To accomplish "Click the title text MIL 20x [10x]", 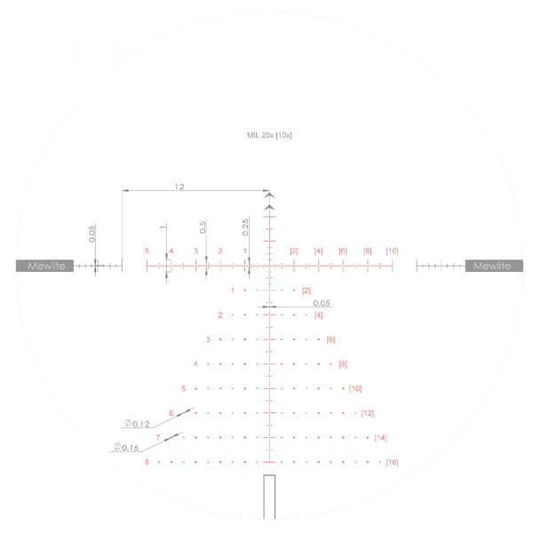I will coord(269,135).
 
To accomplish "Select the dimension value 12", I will coord(179,187).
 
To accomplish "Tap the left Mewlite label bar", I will coord(44,266).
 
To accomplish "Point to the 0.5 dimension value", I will coord(203,227).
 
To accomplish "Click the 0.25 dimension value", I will coord(245,227).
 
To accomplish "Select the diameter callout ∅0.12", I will coord(138,423).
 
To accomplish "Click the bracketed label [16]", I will coord(392,463).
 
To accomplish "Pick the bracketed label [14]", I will coord(380,438).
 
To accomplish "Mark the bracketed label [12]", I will coord(368,413).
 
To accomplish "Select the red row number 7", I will coord(158,438).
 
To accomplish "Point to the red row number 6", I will coord(171,413).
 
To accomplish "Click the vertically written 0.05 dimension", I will coord(91,234).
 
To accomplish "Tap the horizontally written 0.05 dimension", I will coord(322,303).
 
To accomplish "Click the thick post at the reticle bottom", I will coord(270,497).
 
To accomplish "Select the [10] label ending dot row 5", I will coord(355,388).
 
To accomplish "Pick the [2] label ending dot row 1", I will coord(306,290).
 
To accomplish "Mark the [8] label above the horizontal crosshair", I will coord(368,251).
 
